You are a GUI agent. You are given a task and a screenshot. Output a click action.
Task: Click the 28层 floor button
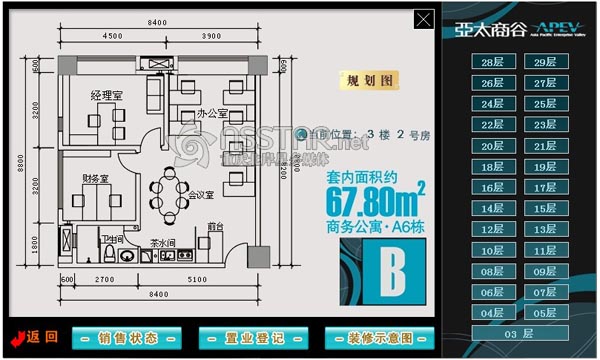(493, 62)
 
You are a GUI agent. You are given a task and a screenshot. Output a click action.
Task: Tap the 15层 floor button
(546, 208)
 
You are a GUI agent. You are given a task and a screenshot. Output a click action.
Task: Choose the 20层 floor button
(493, 146)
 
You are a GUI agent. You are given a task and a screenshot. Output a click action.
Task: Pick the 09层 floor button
(546, 271)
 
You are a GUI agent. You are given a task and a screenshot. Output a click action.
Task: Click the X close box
(425, 19)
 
